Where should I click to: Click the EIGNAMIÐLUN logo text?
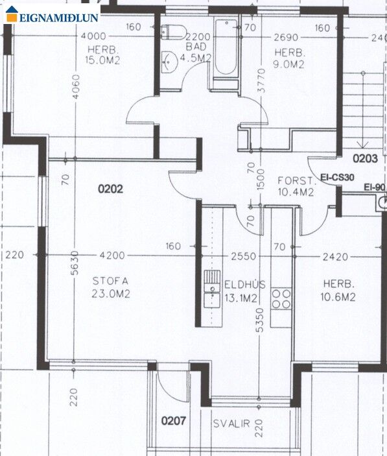[59, 18]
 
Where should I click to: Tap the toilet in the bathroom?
[174, 32]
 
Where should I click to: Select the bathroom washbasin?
[169, 62]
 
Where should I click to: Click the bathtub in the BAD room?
[226, 47]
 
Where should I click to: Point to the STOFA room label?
[110, 281]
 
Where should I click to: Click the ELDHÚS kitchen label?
[244, 284]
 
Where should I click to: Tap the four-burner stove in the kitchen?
[281, 299]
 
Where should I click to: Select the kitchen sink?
[212, 289]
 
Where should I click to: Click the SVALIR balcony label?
[231, 424]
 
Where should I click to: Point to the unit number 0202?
[110, 189]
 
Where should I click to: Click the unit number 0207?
[174, 421]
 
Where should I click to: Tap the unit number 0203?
[365, 158]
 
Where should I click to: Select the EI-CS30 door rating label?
[337, 177]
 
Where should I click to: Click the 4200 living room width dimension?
[112, 256]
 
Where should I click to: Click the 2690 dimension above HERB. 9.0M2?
[286, 38]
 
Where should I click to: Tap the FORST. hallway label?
[297, 181]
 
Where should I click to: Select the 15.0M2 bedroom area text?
[102, 60]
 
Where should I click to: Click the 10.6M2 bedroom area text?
[338, 297]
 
